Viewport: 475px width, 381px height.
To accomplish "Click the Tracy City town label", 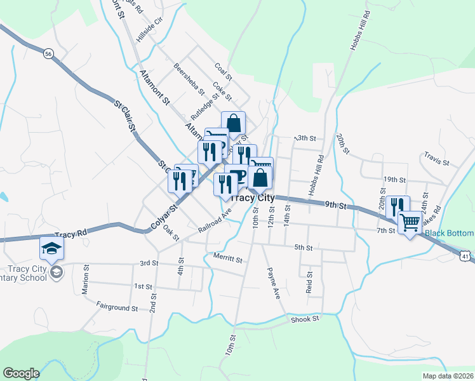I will pyautogui.click(x=252, y=197).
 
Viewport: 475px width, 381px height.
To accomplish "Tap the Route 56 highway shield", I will pyautogui.click(x=48, y=55).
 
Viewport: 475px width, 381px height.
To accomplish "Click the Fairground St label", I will pyautogui.click(x=117, y=308).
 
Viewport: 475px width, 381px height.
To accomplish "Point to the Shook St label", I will pyautogui.click(x=305, y=319).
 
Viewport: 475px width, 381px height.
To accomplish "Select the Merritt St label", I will pyautogui.click(x=228, y=259).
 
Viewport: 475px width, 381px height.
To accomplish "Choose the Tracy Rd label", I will pyautogui.click(x=70, y=234).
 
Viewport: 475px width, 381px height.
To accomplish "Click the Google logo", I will pyautogui.click(x=21, y=373).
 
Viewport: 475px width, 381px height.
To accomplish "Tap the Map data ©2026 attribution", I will pyautogui.click(x=448, y=376).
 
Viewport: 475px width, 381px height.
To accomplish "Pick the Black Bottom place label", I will pyautogui.click(x=449, y=233).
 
